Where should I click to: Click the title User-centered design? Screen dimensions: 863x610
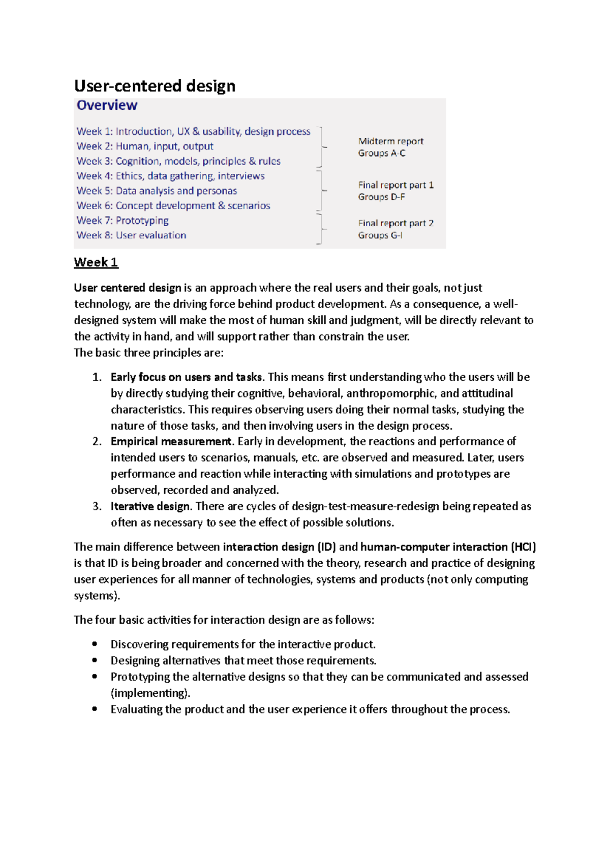(155, 86)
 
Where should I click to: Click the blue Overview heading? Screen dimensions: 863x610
(107, 105)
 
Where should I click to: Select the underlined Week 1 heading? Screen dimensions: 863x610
(96, 262)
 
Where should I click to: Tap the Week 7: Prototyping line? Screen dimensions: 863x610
(123, 221)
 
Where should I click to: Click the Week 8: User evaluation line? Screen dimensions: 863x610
(131, 235)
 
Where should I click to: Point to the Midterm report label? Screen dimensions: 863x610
(390, 141)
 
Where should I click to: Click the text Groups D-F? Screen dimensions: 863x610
(381, 197)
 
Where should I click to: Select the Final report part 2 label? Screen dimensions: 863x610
(395, 223)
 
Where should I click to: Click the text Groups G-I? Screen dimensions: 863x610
(380, 235)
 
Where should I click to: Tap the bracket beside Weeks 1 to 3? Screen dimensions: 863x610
(321, 147)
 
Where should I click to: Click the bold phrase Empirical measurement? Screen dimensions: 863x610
(171, 441)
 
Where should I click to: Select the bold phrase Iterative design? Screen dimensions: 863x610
(150, 506)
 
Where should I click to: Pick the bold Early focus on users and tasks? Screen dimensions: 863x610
(187, 377)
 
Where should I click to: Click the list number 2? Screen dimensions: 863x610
(97, 441)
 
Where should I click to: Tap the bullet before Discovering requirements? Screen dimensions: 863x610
(95, 644)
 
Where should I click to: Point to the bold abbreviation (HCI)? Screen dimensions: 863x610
(523, 547)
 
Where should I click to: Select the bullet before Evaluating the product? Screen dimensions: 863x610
(95, 709)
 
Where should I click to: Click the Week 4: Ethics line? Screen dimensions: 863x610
(170, 176)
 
